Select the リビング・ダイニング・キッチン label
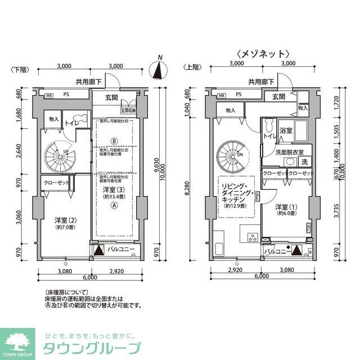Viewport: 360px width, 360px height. [x=237, y=195]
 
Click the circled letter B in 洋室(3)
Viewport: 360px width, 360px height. [x=114, y=141]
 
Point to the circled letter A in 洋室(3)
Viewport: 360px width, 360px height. [x=114, y=206]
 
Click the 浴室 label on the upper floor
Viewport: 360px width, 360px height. [x=286, y=130]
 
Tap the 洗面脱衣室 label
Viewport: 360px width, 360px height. [x=290, y=152]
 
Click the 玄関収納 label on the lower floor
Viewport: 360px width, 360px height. [x=129, y=111]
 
